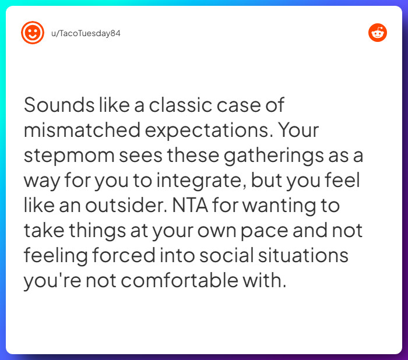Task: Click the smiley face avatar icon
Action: pos(33,33)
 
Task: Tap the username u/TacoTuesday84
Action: pos(86,33)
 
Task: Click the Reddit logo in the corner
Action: pos(378,33)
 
